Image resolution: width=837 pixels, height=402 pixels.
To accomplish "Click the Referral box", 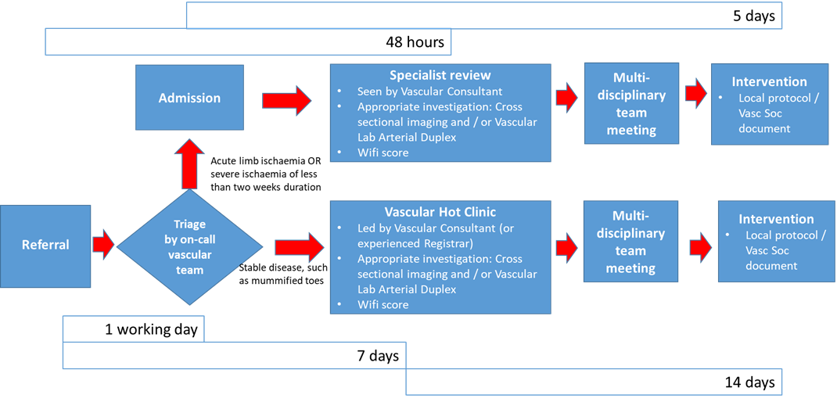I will tap(45, 244).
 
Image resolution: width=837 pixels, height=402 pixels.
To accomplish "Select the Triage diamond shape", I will tap(190, 247).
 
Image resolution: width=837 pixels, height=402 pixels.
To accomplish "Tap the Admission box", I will tap(189, 98).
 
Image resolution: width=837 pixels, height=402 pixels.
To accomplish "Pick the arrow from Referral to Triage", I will tap(104, 244).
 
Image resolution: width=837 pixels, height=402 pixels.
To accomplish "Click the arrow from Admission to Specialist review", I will tap(286, 101).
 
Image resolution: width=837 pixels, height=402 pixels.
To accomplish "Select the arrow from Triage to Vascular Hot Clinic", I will tap(298, 247).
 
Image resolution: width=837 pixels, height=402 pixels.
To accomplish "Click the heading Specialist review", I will tap(440, 75).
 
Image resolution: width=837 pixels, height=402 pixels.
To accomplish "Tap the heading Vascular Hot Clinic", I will tap(440, 212).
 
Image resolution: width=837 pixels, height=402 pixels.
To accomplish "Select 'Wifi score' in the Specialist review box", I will tap(383, 153).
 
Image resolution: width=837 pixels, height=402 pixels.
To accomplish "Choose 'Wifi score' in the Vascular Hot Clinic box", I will tap(383, 304).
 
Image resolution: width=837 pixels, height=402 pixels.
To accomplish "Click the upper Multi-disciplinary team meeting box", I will tap(631, 103).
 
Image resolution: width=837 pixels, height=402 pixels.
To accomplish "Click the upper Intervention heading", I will tap(769, 81).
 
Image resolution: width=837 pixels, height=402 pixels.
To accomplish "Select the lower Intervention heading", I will tap(776, 219).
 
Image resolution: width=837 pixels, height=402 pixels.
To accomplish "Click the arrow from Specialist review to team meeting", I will tap(566, 98).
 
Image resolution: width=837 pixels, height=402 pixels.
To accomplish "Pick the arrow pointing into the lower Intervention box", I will tap(700, 246).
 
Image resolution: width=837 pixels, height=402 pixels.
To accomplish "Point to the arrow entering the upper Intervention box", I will tap(695, 94).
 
